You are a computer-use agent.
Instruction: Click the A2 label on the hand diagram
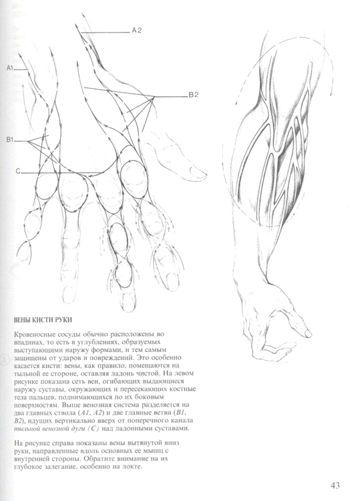coord(137,31)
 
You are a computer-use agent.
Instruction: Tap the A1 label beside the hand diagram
coord(10,68)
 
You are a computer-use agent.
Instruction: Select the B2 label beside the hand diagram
coord(194,96)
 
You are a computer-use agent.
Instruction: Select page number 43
coord(336,485)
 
